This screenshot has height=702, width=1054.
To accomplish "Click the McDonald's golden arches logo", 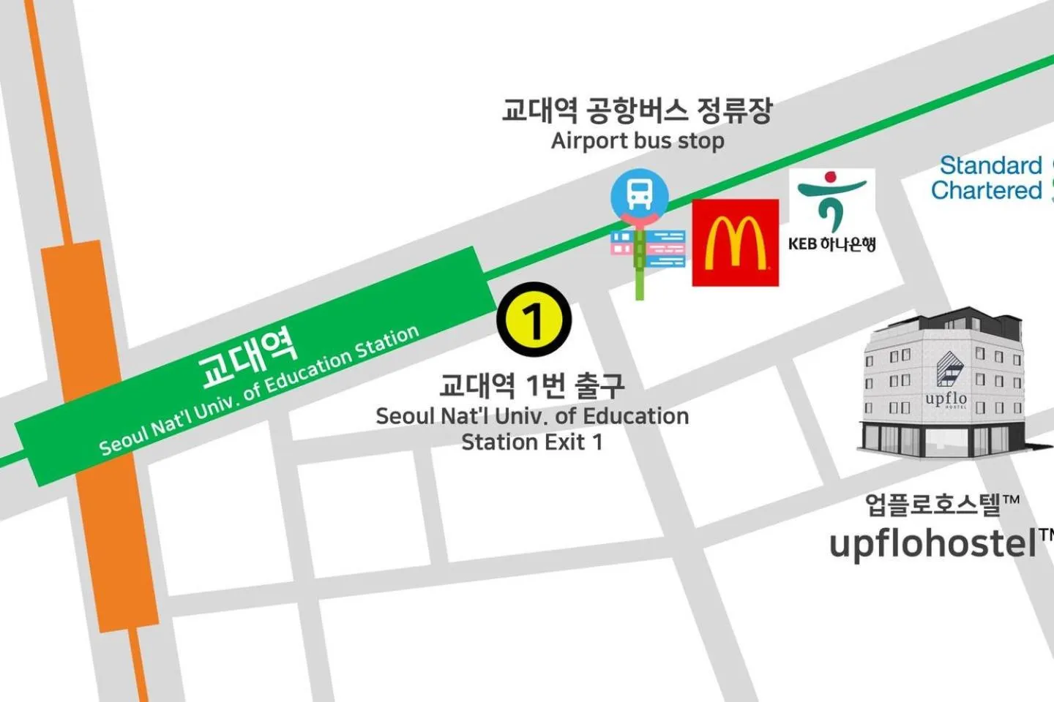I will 735,242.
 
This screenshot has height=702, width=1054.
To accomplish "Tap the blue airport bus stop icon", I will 639,193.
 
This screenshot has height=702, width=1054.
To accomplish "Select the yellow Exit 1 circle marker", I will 534,320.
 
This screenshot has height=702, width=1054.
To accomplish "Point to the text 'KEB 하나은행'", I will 831,244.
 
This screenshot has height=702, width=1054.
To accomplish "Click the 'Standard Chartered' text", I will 986,178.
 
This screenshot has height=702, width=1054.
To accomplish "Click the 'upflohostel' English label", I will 933,543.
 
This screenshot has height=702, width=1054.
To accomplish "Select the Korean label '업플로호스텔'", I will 933,504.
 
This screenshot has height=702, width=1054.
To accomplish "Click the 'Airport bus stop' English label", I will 638,140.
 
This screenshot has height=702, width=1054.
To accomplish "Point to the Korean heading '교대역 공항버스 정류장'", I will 636,110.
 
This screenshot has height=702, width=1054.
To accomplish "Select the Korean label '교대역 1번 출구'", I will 532,385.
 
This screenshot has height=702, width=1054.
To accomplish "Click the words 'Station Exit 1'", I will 532,442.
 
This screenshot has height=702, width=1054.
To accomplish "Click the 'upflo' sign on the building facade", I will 946,399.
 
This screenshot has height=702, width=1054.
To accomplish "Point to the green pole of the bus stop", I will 640,282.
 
